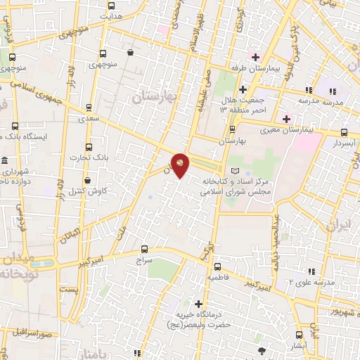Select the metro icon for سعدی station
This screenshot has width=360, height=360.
tap(88, 108)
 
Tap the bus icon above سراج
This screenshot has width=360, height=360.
tap(144, 248)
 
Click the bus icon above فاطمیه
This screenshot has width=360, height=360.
tap(217, 266)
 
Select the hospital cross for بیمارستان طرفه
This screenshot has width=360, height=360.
tap(255, 57)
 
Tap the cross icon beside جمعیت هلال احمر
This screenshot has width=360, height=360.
tap(243, 89)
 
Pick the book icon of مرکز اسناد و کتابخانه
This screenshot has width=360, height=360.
tap(235, 171)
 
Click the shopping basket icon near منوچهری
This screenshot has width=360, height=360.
tap(131, 52)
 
